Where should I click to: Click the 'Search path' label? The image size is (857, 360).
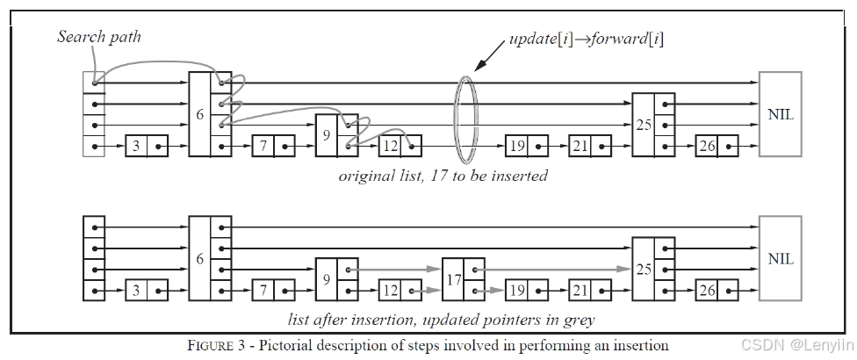tap(99, 37)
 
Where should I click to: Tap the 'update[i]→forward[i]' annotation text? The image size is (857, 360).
tap(587, 40)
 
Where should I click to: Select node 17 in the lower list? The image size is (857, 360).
tap(463, 279)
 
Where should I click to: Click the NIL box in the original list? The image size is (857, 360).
tap(781, 114)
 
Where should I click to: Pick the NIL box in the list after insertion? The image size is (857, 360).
tap(781, 258)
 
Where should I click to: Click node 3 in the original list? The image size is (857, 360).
tap(147, 147)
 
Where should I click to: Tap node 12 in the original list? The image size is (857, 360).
tap(400, 147)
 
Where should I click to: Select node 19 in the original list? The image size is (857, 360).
tap(527, 147)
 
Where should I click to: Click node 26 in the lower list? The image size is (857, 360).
tap(717, 290)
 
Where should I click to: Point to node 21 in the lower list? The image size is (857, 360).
tap(590, 290)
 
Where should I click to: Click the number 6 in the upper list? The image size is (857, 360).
tap(199, 115)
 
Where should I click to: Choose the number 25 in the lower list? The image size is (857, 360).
tap(644, 269)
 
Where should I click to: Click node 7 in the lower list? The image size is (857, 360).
tap(273, 290)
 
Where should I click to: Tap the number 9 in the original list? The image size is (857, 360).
tap(327, 135)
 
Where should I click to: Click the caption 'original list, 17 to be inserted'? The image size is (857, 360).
tap(443, 176)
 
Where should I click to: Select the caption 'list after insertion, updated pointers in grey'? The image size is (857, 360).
tap(441, 320)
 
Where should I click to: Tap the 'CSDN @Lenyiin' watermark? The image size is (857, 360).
tap(796, 345)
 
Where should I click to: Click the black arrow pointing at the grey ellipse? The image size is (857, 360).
tap(490, 55)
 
